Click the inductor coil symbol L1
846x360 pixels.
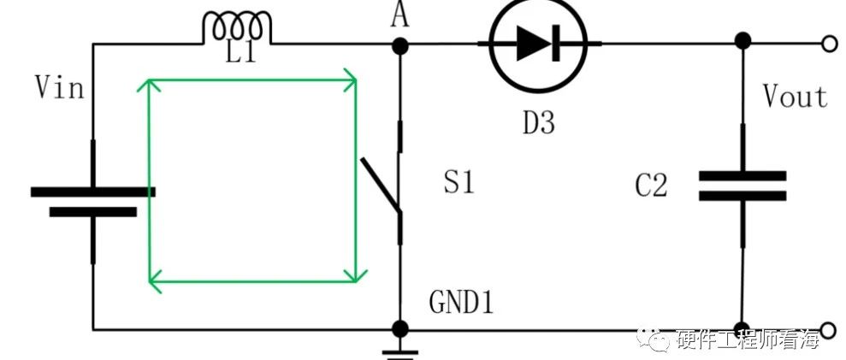click(x=237, y=27)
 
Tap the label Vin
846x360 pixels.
click(x=60, y=87)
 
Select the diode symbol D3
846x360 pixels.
click(x=538, y=44)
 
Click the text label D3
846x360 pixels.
click(x=538, y=124)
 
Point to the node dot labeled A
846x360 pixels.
click(x=399, y=45)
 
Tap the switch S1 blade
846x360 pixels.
click(x=381, y=185)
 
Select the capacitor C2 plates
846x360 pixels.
click(x=742, y=186)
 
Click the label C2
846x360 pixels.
click(x=651, y=186)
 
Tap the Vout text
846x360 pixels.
click(x=795, y=97)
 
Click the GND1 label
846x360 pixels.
click(x=461, y=303)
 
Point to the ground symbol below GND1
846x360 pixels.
click(x=399, y=353)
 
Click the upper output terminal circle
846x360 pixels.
click(x=830, y=44)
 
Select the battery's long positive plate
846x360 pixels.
click(x=92, y=192)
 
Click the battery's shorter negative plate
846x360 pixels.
click(x=92, y=212)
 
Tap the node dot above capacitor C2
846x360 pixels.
click(x=743, y=40)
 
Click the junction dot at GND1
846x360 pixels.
click(x=399, y=328)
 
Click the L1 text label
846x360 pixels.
click(x=241, y=53)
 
